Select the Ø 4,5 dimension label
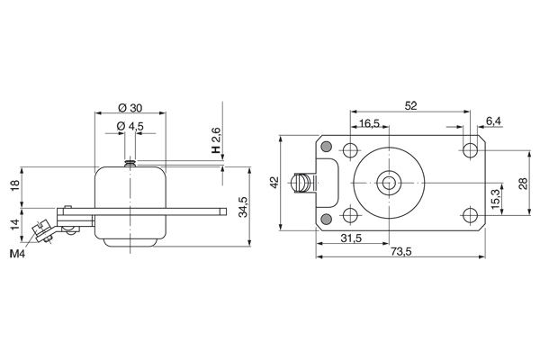(131, 126)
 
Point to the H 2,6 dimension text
(216, 140)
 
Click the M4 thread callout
(18, 255)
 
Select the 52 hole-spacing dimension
(410, 105)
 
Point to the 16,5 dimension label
(370, 122)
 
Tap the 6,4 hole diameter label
(493, 121)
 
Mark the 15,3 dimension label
(495, 198)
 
